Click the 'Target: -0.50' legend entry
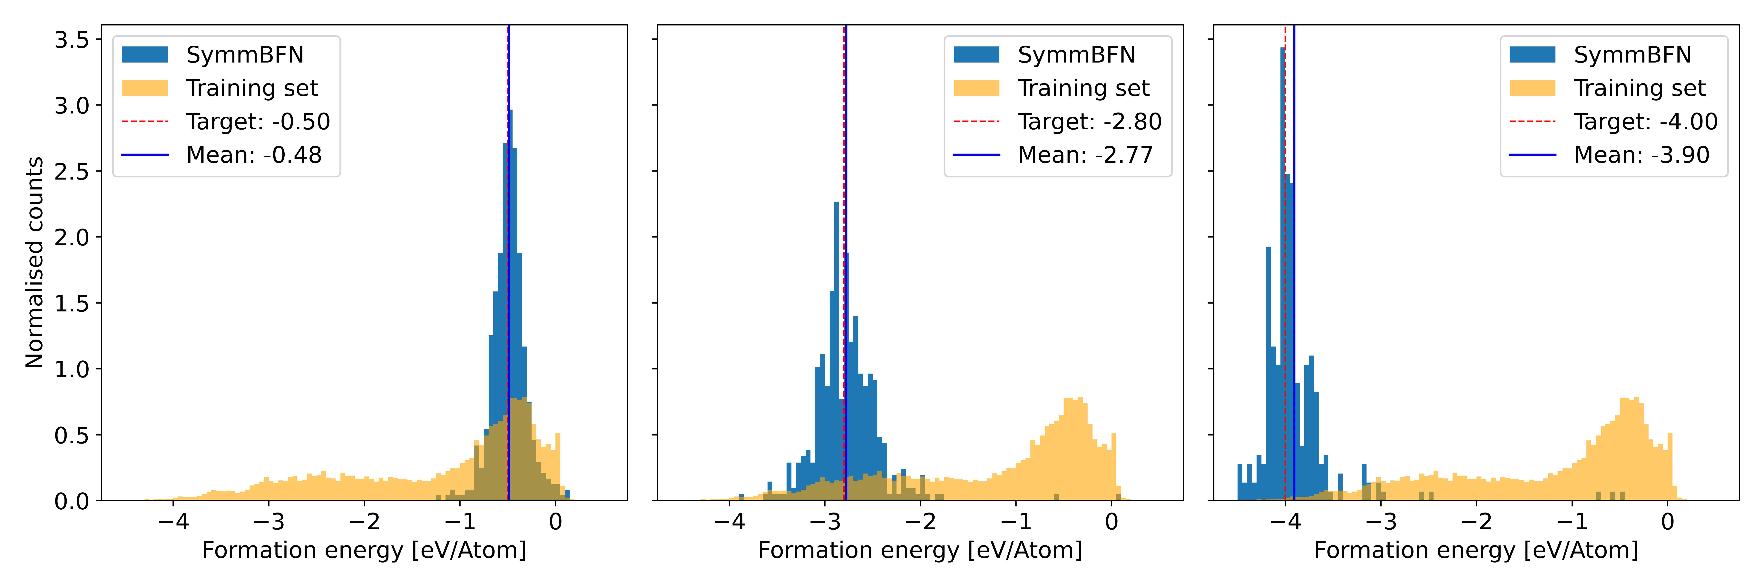point(258,122)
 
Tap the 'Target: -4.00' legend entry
point(1645,122)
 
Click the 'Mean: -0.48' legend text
point(253,155)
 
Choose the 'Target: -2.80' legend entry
point(1089,122)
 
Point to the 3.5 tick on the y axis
point(72,40)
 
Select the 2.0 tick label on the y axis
point(72,238)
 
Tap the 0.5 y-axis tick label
point(72,435)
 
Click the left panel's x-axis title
point(364,550)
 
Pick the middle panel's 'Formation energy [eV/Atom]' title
point(920,550)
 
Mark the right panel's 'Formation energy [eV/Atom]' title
point(1476,550)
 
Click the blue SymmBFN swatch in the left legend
point(144,55)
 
